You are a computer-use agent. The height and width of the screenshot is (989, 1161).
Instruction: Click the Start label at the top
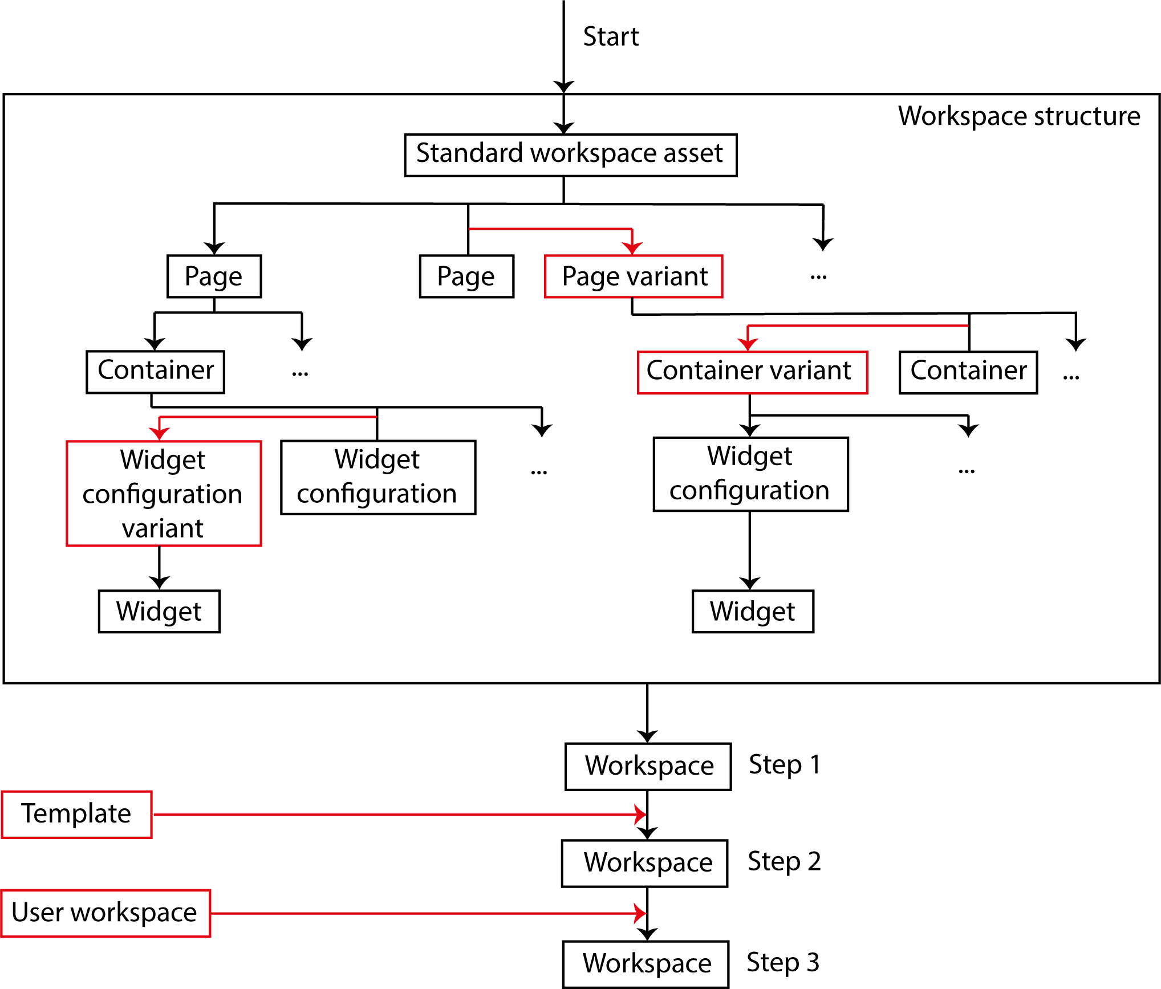[611, 36]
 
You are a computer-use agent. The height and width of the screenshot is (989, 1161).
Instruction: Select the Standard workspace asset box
[570, 155]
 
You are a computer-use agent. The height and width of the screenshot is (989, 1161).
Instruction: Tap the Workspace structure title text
[1019, 116]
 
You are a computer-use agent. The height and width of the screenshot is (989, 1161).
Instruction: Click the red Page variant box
[634, 276]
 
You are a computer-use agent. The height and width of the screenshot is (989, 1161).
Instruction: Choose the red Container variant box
[752, 372]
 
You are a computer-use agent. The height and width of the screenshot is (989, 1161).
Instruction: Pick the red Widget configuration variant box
[164, 493]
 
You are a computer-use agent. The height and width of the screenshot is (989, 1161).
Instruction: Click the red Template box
[77, 814]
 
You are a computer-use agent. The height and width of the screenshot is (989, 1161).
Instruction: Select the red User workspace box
[105, 913]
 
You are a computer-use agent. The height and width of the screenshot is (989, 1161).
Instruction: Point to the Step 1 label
[785, 765]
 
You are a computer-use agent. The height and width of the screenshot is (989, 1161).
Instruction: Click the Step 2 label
[784, 861]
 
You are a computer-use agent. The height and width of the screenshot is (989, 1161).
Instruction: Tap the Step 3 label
[783, 963]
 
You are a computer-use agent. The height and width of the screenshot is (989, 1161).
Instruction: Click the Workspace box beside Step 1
[648, 766]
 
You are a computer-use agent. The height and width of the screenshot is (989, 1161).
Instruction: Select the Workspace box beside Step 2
[645, 863]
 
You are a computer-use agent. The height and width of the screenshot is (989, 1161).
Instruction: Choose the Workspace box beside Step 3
[646, 964]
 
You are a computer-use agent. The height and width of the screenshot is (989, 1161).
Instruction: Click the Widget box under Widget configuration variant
[159, 611]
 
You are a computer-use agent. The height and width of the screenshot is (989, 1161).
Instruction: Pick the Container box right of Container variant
[968, 372]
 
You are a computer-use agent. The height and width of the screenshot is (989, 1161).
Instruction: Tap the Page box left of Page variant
[466, 276]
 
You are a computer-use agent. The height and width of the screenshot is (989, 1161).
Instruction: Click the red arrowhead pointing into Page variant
[632, 248]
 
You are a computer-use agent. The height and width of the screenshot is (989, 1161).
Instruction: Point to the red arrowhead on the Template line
[641, 814]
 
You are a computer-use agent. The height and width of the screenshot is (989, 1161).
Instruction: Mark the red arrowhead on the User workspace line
[641, 913]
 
